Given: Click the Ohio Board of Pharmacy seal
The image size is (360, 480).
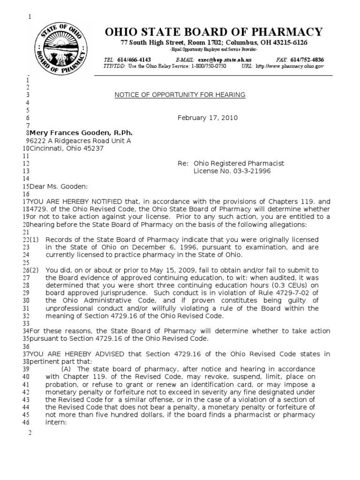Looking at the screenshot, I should (63, 45).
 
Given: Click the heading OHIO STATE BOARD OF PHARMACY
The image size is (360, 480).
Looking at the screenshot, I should (214, 32).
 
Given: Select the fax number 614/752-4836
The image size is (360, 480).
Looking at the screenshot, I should (307, 60).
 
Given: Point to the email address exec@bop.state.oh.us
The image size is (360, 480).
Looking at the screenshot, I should (225, 60).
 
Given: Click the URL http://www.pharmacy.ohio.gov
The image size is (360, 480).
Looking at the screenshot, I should (290, 67).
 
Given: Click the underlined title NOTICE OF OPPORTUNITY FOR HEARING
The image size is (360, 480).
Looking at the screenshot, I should (180, 95).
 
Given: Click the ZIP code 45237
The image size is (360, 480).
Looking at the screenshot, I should (94, 148).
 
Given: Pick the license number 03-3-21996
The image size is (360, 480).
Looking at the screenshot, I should (232, 171).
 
